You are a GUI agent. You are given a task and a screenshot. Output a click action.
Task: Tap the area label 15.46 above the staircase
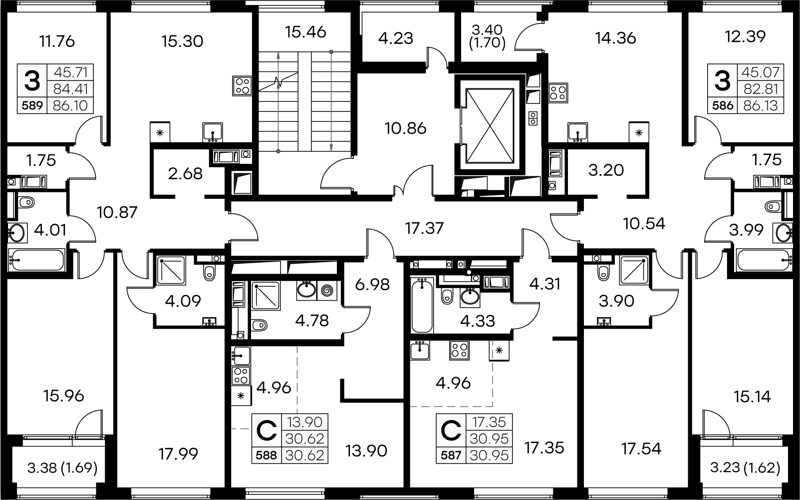tap(305, 32)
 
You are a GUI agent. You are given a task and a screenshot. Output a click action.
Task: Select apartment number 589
tap(32, 106)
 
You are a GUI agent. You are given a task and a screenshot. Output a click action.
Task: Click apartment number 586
tap(722, 106)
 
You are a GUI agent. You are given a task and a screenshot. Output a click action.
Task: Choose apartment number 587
tap(451, 455)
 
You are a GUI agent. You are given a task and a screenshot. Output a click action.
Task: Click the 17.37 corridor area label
tap(424, 229)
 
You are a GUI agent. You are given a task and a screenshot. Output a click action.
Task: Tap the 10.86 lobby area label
tap(405, 128)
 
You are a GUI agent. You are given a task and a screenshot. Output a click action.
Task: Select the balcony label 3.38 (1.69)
tap(62, 469)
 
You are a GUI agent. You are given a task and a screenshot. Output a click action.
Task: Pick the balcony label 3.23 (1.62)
tap(745, 469)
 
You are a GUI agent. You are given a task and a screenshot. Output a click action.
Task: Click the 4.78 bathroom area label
tap(312, 320)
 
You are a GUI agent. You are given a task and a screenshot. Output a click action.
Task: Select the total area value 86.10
tap(70, 106)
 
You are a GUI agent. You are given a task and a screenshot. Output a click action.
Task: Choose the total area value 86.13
tap(761, 106)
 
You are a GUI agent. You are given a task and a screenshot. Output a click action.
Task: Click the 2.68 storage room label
tap(185, 173)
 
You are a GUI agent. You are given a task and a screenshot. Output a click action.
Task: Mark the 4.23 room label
tap(396, 38)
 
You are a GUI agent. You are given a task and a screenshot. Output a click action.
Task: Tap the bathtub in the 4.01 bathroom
tap(36, 260)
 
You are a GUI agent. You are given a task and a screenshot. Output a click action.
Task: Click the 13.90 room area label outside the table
tap(366, 451)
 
